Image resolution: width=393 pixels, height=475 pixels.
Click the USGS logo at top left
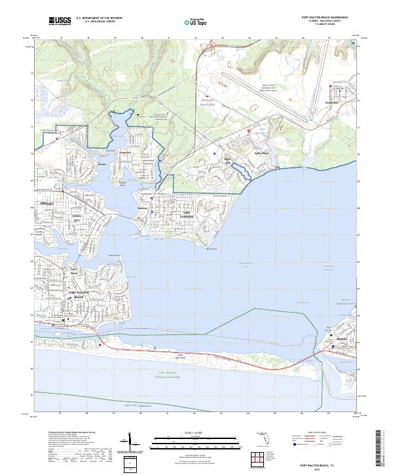coord(60,21)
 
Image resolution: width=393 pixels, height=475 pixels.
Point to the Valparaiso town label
coord(333,102)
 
